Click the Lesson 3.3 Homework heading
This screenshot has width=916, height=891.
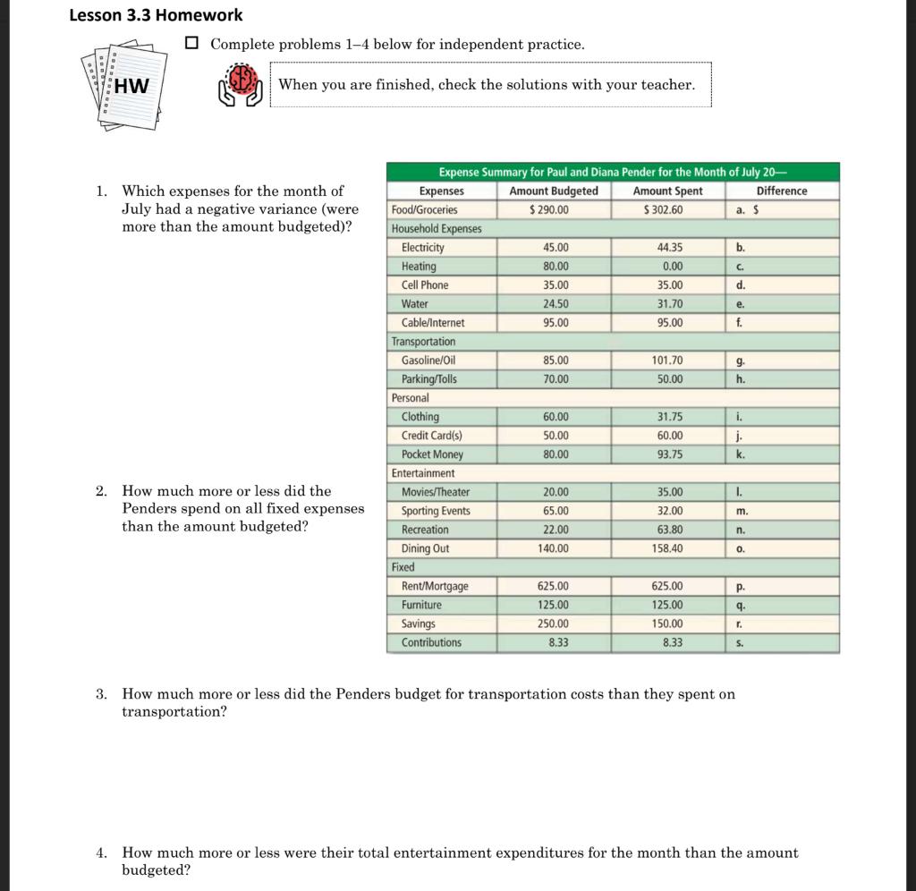[156, 15]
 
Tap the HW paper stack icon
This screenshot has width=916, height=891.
[127, 86]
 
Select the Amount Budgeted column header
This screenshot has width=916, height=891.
[554, 191]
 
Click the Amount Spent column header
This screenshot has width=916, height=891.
[667, 191]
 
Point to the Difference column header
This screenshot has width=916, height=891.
[781, 191]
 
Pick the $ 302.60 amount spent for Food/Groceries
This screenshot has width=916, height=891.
[663, 209]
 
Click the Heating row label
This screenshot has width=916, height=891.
[419, 267]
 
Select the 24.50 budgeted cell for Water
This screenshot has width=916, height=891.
[556, 304]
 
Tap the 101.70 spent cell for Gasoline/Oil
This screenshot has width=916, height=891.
[667, 361]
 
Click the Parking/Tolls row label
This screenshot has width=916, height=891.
[429, 379]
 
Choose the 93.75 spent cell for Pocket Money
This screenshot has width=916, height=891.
[669, 454]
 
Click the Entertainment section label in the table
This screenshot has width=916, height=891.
[423, 473]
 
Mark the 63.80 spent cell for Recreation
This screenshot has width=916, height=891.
[669, 530]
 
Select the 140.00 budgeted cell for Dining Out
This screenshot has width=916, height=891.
[554, 548]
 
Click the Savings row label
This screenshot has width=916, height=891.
[418, 624]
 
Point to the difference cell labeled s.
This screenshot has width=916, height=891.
[782, 642]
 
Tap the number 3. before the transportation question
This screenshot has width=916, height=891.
[102, 694]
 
